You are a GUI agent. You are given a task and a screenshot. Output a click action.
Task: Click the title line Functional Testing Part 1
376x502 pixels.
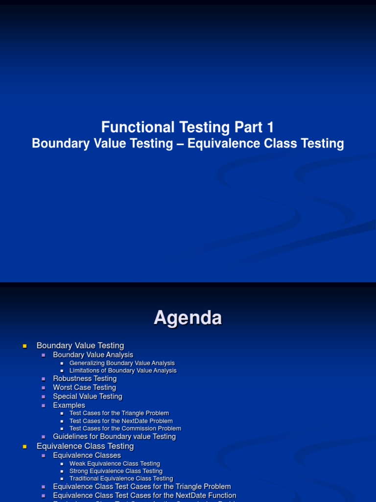[188, 127]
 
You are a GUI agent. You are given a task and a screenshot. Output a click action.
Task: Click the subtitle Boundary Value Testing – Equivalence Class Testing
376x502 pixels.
[188, 144]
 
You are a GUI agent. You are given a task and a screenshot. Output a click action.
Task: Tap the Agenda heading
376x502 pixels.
[188, 318]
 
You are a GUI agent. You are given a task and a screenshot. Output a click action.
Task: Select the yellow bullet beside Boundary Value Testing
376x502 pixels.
[24, 346]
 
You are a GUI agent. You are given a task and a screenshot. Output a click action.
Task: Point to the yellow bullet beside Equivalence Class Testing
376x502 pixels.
[24, 447]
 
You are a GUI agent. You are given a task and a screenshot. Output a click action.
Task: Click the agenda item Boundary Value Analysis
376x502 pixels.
[93, 355]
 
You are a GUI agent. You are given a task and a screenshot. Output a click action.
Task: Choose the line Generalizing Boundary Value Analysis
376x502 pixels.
[122, 363]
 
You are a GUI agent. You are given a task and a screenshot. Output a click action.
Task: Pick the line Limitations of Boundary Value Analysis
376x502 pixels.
[123, 371]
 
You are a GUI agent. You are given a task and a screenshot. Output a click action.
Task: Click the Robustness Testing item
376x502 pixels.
[85, 379]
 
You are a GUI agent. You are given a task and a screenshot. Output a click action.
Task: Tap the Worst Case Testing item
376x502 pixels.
[84, 388]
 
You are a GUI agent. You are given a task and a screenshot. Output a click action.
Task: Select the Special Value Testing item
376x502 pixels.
[88, 397]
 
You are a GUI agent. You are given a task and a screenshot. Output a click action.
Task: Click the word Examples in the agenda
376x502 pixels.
[69, 405]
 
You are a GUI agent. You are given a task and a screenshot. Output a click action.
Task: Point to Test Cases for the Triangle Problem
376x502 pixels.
[119, 413]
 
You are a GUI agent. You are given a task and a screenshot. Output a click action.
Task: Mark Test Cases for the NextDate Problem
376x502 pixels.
[121, 421]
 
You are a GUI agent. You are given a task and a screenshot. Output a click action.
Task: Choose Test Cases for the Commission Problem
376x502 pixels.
[125, 428]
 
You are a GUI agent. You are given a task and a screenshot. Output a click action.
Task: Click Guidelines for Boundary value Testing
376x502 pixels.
[114, 437]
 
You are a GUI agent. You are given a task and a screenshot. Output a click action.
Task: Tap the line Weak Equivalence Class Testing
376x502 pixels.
[115, 464]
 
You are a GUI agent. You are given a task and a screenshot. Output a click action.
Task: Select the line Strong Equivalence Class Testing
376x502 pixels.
[116, 471]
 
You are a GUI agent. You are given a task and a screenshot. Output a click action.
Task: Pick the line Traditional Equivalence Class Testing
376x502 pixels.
[121, 478]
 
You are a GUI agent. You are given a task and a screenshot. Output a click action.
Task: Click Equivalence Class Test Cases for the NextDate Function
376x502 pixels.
[144, 496]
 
